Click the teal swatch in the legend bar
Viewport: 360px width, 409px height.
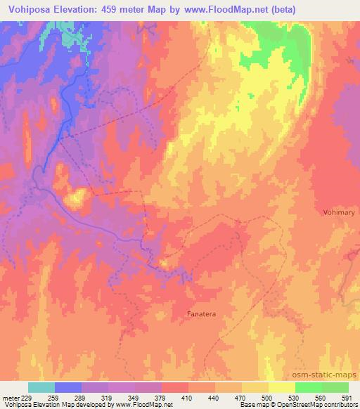point(41,387)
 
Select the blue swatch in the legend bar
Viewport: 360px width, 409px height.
point(68,387)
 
